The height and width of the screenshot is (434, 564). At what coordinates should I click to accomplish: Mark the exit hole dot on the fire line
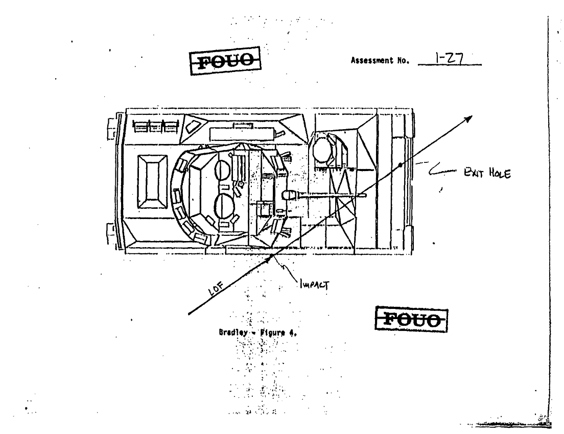pyautogui.click(x=401, y=164)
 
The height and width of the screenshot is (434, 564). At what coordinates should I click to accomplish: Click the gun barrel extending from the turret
pyautogui.click(x=327, y=195)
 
